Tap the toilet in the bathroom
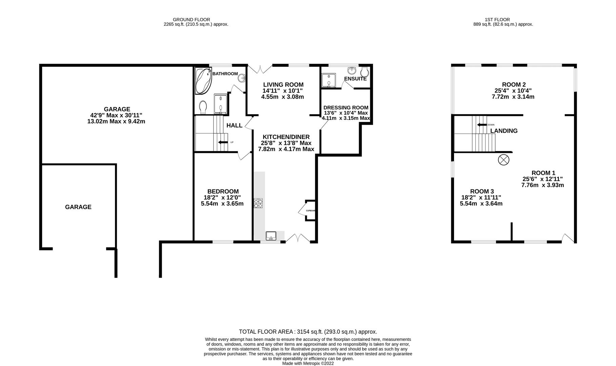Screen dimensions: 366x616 click(x=203, y=107)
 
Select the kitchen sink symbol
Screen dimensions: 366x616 click(x=271, y=236)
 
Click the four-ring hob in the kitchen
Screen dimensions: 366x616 click(x=258, y=203)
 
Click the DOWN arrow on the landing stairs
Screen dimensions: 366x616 click(x=482, y=125)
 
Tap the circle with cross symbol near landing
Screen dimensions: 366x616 click(x=503, y=160)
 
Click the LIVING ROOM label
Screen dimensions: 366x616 click(x=283, y=85)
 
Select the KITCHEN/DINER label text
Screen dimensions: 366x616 click(x=286, y=137)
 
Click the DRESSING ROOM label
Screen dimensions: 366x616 click(x=345, y=108)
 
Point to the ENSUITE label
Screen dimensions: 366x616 click(x=355, y=79)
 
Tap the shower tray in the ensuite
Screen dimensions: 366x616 click(x=329, y=81)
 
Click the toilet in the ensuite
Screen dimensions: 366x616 click(x=365, y=72)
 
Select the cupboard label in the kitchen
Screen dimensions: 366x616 click(x=311, y=211)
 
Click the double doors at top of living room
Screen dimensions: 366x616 click(x=260, y=69)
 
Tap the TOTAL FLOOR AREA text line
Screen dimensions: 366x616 click(x=308, y=332)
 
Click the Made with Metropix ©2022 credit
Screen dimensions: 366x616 click(x=308, y=363)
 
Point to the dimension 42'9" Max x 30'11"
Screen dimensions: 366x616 click(x=116, y=115)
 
